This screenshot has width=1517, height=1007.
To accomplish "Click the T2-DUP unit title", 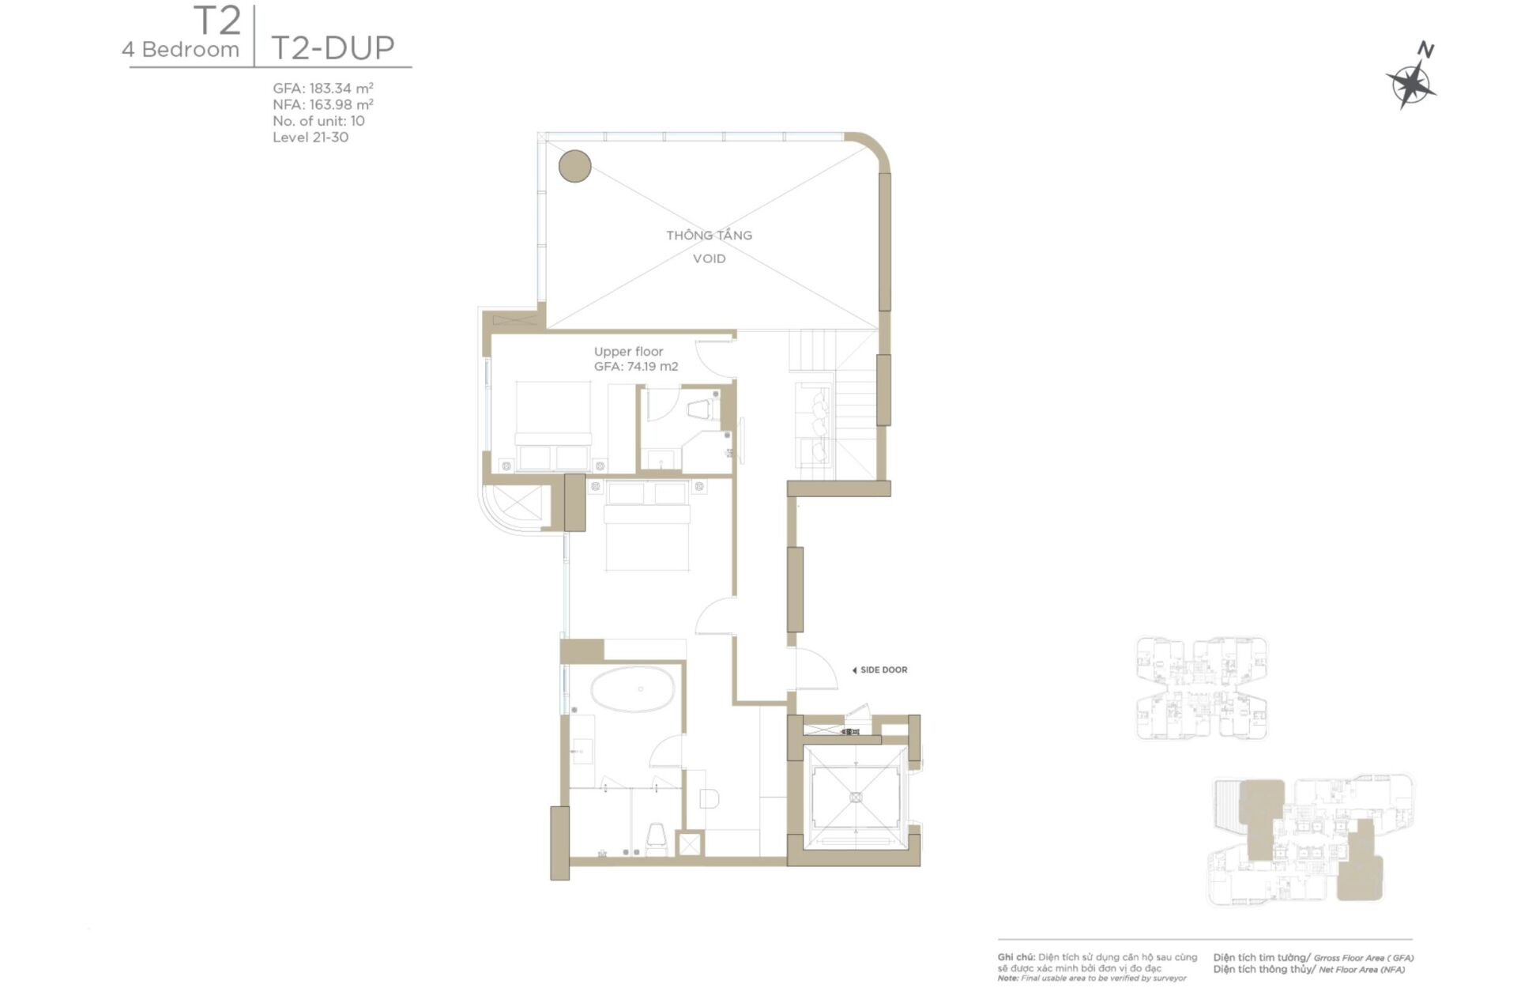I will (x=333, y=48).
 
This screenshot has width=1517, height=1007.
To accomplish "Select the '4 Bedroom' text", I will (x=180, y=50).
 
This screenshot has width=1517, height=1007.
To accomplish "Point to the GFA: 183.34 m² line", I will (x=322, y=89).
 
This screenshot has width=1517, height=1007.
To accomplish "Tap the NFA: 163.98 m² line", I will (x=322, y=104).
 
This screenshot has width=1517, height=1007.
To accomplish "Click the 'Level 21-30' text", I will (x=310, y=138).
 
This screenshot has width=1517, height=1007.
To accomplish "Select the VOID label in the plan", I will (x=709, y=258).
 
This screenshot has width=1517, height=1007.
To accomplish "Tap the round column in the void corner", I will (x=574, y=166).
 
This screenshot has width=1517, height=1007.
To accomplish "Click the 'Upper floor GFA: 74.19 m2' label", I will (x=635, y=359).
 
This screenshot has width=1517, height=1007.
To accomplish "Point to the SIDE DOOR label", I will (x=883, y=670).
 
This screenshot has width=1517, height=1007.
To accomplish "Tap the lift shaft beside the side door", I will (x=855, y=797).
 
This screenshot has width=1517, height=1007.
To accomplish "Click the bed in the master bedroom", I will (x=647, y=526).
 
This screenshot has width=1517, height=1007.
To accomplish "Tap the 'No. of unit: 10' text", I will (x=318, y=121).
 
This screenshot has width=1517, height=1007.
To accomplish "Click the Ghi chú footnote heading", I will (x=1016, y=957).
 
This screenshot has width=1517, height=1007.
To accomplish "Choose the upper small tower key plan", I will (x=1201, y=688).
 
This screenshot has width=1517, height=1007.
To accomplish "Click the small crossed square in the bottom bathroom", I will (x=689, y=844).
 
